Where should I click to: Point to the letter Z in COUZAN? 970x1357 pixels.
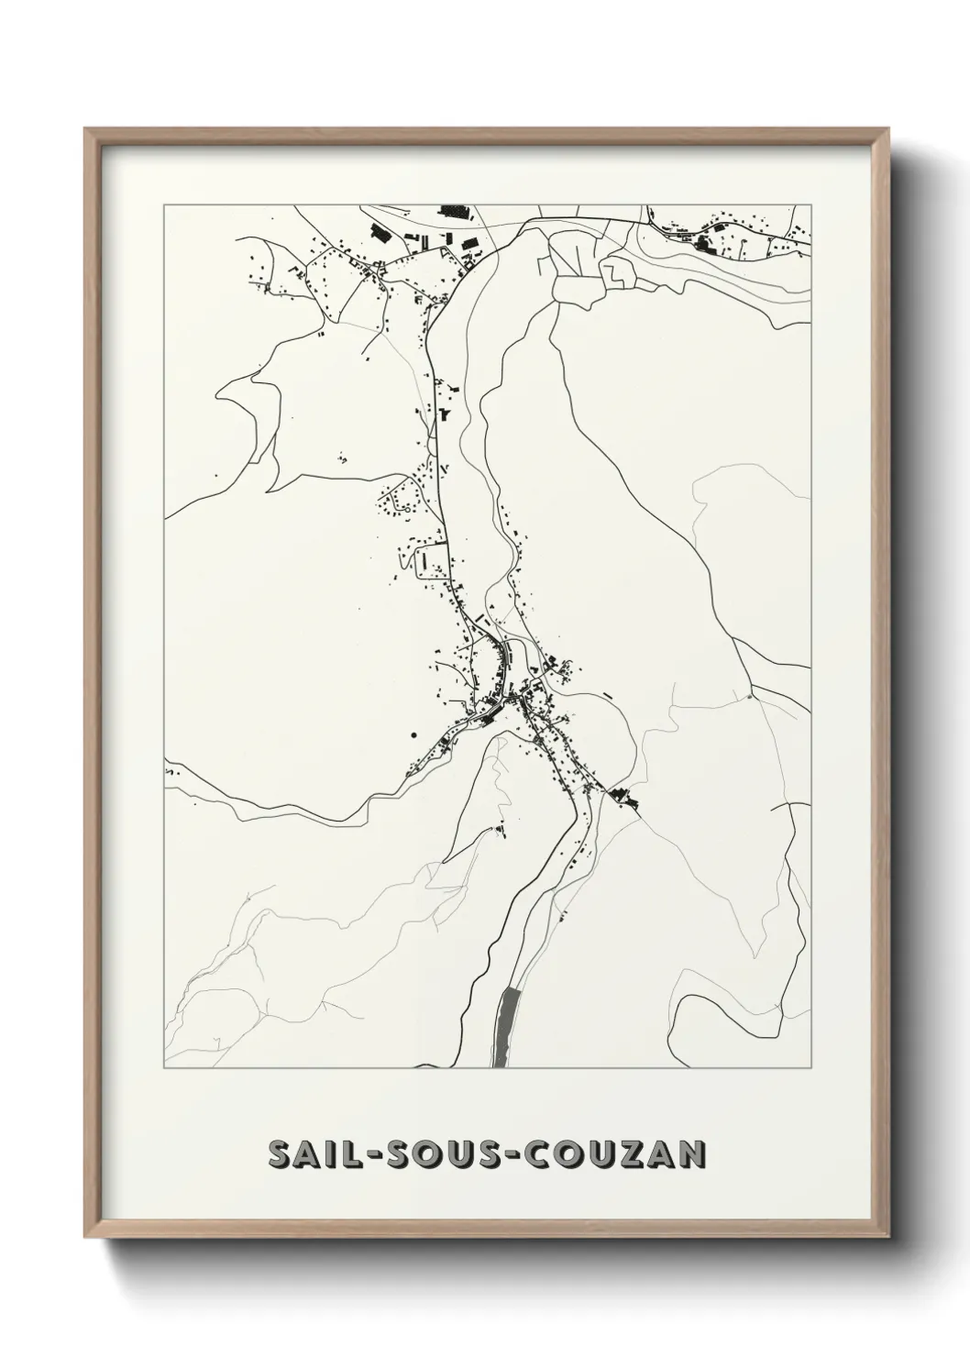tap(632, 1155)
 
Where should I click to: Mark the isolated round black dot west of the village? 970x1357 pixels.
tap(413, 734)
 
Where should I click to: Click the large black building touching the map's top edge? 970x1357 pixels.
tap(454, 211)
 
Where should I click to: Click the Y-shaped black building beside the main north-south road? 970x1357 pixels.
tap(446, 414)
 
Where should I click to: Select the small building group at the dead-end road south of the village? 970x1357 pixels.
tap(500, 832)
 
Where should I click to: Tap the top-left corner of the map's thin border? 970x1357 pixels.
tap(164, 205)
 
